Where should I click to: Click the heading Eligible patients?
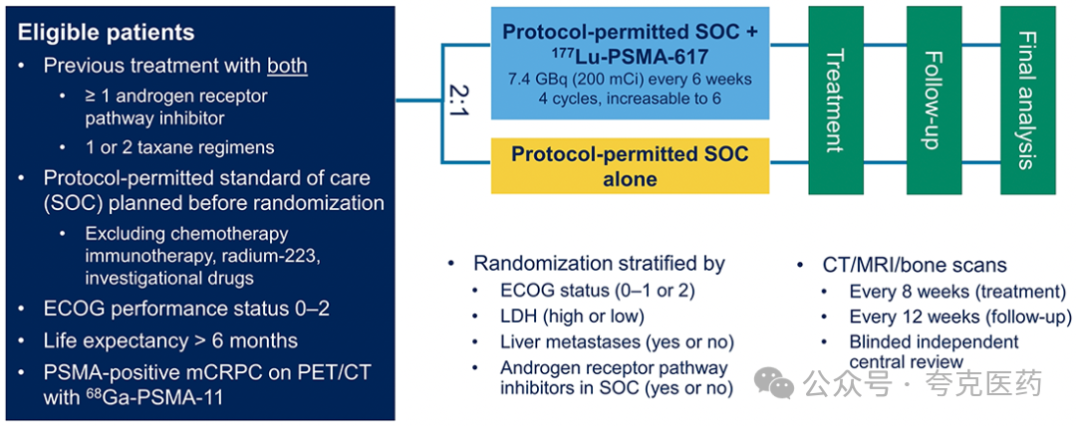click(x=106, y=32)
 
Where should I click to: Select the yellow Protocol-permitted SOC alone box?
click(x=630, y=165)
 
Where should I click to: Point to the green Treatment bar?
click(x=836, y=101)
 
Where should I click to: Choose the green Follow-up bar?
click(x=934, y=101)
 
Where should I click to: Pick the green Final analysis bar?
click(x=1027, y=101)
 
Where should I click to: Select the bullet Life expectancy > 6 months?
click(x=171, y=340)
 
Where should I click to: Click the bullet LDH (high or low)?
click(x=572, y=316)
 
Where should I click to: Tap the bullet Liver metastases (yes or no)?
click(x=617, y=341)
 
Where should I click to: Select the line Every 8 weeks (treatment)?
click(x=957, y=292)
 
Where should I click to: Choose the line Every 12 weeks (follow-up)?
click(x=960, y=317)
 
